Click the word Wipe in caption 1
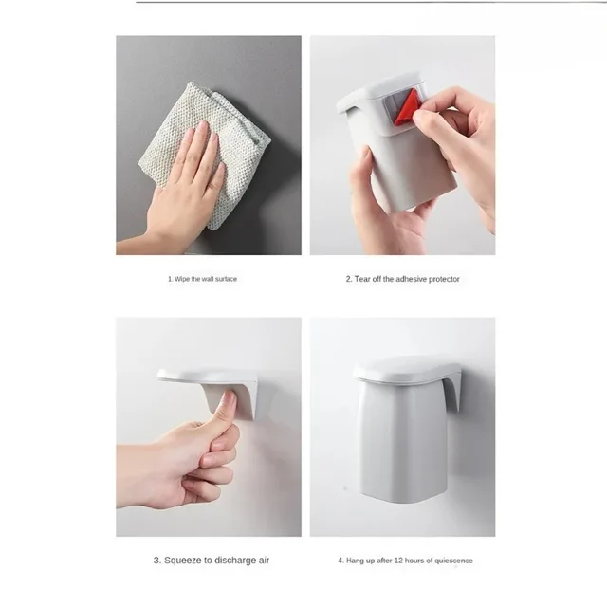tap(182, 280)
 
